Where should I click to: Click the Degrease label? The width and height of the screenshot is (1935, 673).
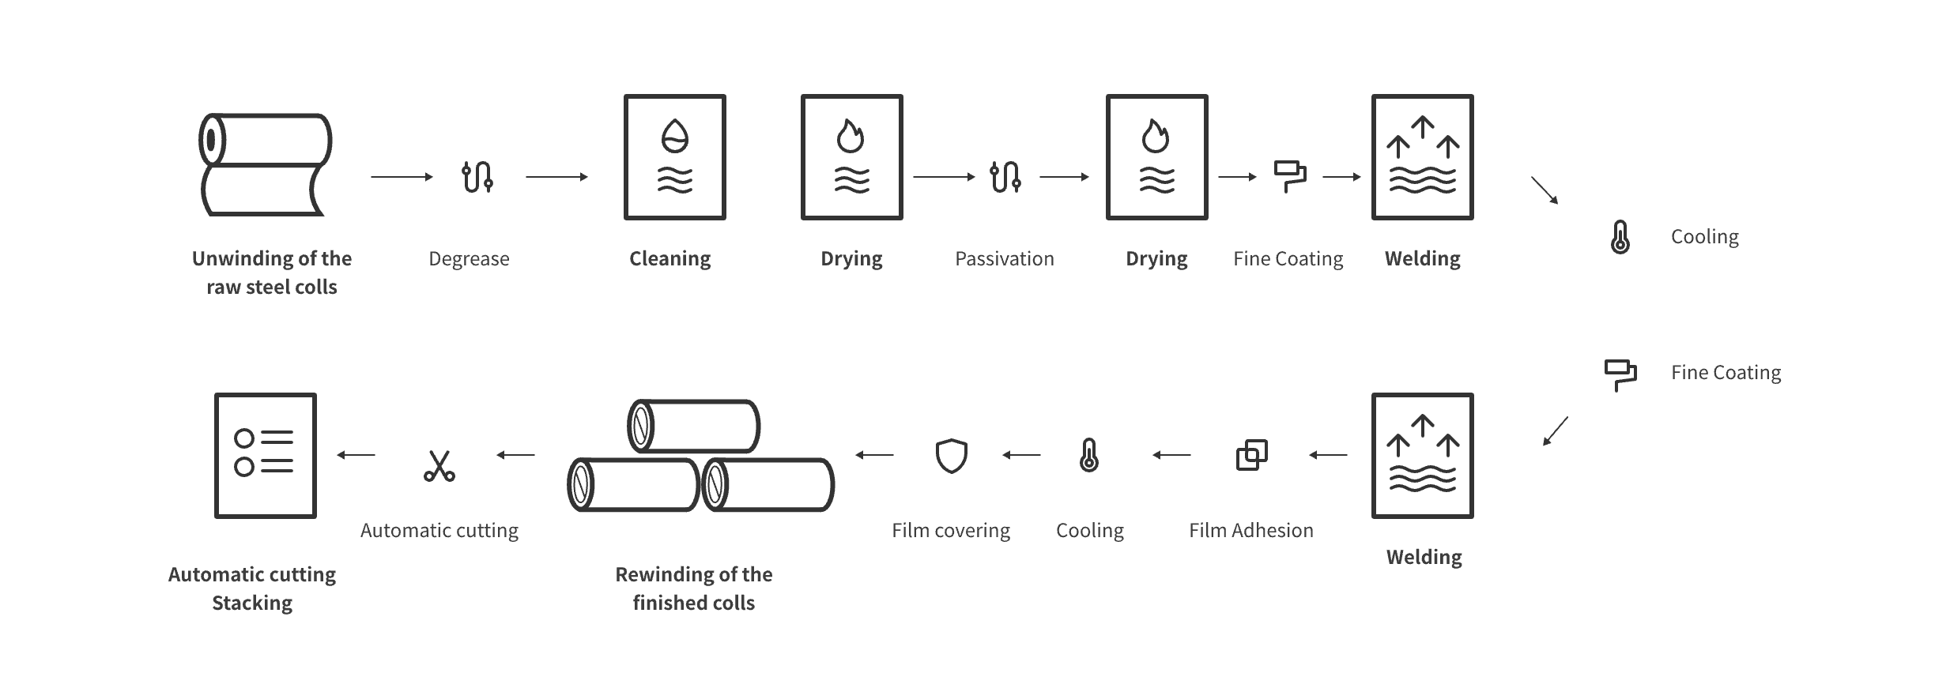(x=469, y=259)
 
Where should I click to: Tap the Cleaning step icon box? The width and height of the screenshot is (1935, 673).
(x=674, y=157)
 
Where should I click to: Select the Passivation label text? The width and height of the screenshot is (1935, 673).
(x=1004, y=259)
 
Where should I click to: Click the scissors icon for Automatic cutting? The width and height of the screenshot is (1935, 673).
(x=439, y=465)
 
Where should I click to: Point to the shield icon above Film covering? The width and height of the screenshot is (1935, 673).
(x=952, y=456)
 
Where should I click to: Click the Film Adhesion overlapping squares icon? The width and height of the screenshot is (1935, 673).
(x=1251, y=455)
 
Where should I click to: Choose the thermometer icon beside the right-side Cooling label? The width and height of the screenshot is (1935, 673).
(x=1620, y=237)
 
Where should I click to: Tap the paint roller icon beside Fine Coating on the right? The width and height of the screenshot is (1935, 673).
(x=1620, y=375)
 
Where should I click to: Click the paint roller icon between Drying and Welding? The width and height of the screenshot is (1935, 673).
(x=1289, y=177)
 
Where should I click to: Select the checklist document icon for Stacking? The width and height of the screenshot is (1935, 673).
(x=266, y=455)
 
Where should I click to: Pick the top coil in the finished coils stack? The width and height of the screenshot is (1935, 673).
(x=694, y=426)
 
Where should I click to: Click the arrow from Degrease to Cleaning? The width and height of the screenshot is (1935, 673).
(x=557, y=177)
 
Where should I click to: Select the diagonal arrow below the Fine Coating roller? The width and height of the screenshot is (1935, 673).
(x=1556, y=431)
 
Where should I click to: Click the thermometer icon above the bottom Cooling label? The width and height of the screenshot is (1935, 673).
(x=1089, y=455)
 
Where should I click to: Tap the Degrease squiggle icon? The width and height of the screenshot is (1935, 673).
(x=477, y=177)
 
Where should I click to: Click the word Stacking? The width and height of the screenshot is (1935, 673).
(x=252, y=603)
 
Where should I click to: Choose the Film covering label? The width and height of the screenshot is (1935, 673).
(x=951, y=531)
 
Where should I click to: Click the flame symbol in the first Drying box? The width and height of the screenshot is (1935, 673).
(x=851, y=136)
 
